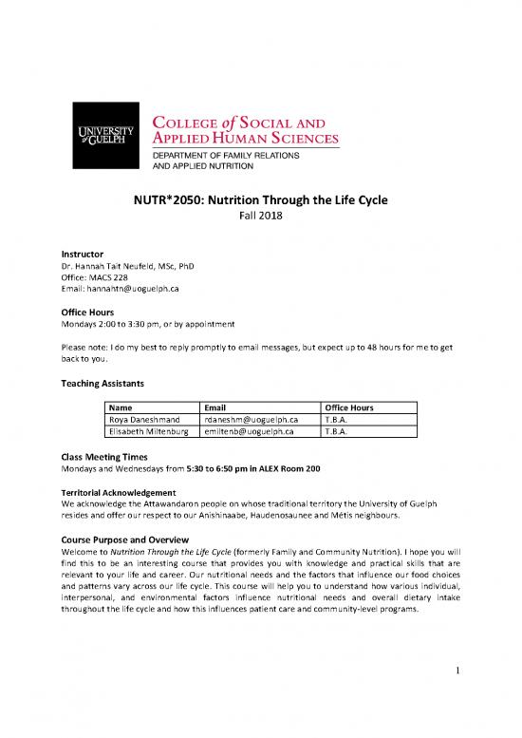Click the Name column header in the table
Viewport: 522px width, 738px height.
[124, 407]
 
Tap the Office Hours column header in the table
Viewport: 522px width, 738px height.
[348, 407]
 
